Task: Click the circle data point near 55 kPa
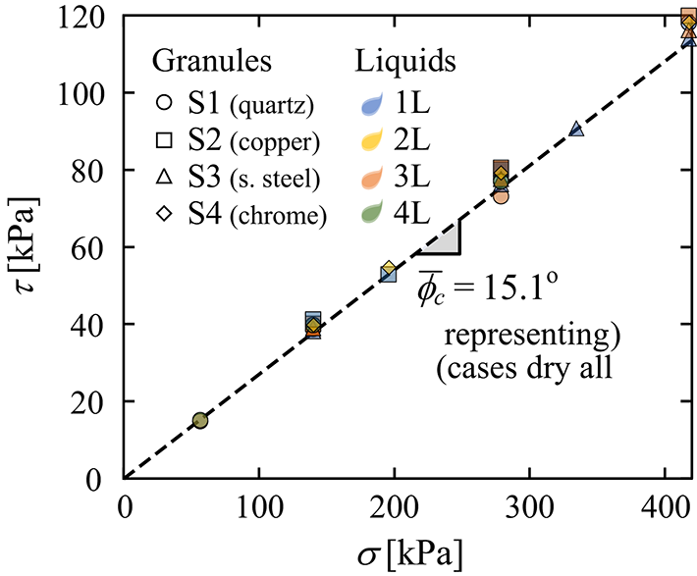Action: (200, 420)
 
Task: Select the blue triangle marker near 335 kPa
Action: (576, 130)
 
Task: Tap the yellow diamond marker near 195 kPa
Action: (389, 268)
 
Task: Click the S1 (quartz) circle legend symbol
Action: (165, 101)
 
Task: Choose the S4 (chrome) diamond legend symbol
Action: (165, 215)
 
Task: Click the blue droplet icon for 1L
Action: (373, 101)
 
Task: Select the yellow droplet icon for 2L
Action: (373, 139)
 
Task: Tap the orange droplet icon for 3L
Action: (373, 177)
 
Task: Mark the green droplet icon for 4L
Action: (373, 215)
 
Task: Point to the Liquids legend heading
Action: (404, 61)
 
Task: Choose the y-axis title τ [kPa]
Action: (29, 245)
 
